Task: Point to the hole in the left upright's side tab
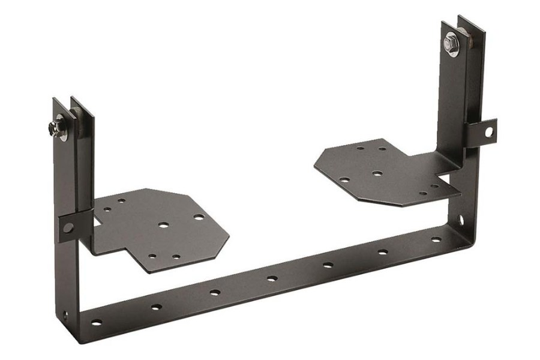point(68,227)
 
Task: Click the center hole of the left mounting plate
point(163,226)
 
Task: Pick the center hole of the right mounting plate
point(377,174)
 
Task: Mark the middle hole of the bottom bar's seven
point(272,278)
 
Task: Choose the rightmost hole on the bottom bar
point(436,239)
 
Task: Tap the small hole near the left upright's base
point(65,313)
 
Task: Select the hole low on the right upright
point(461,220)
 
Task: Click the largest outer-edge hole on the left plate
point(199,217)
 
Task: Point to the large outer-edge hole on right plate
point(344,179)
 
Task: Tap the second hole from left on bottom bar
point(156,307)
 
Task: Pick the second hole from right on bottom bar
point(383,252)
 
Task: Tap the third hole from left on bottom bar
point(215,293)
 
